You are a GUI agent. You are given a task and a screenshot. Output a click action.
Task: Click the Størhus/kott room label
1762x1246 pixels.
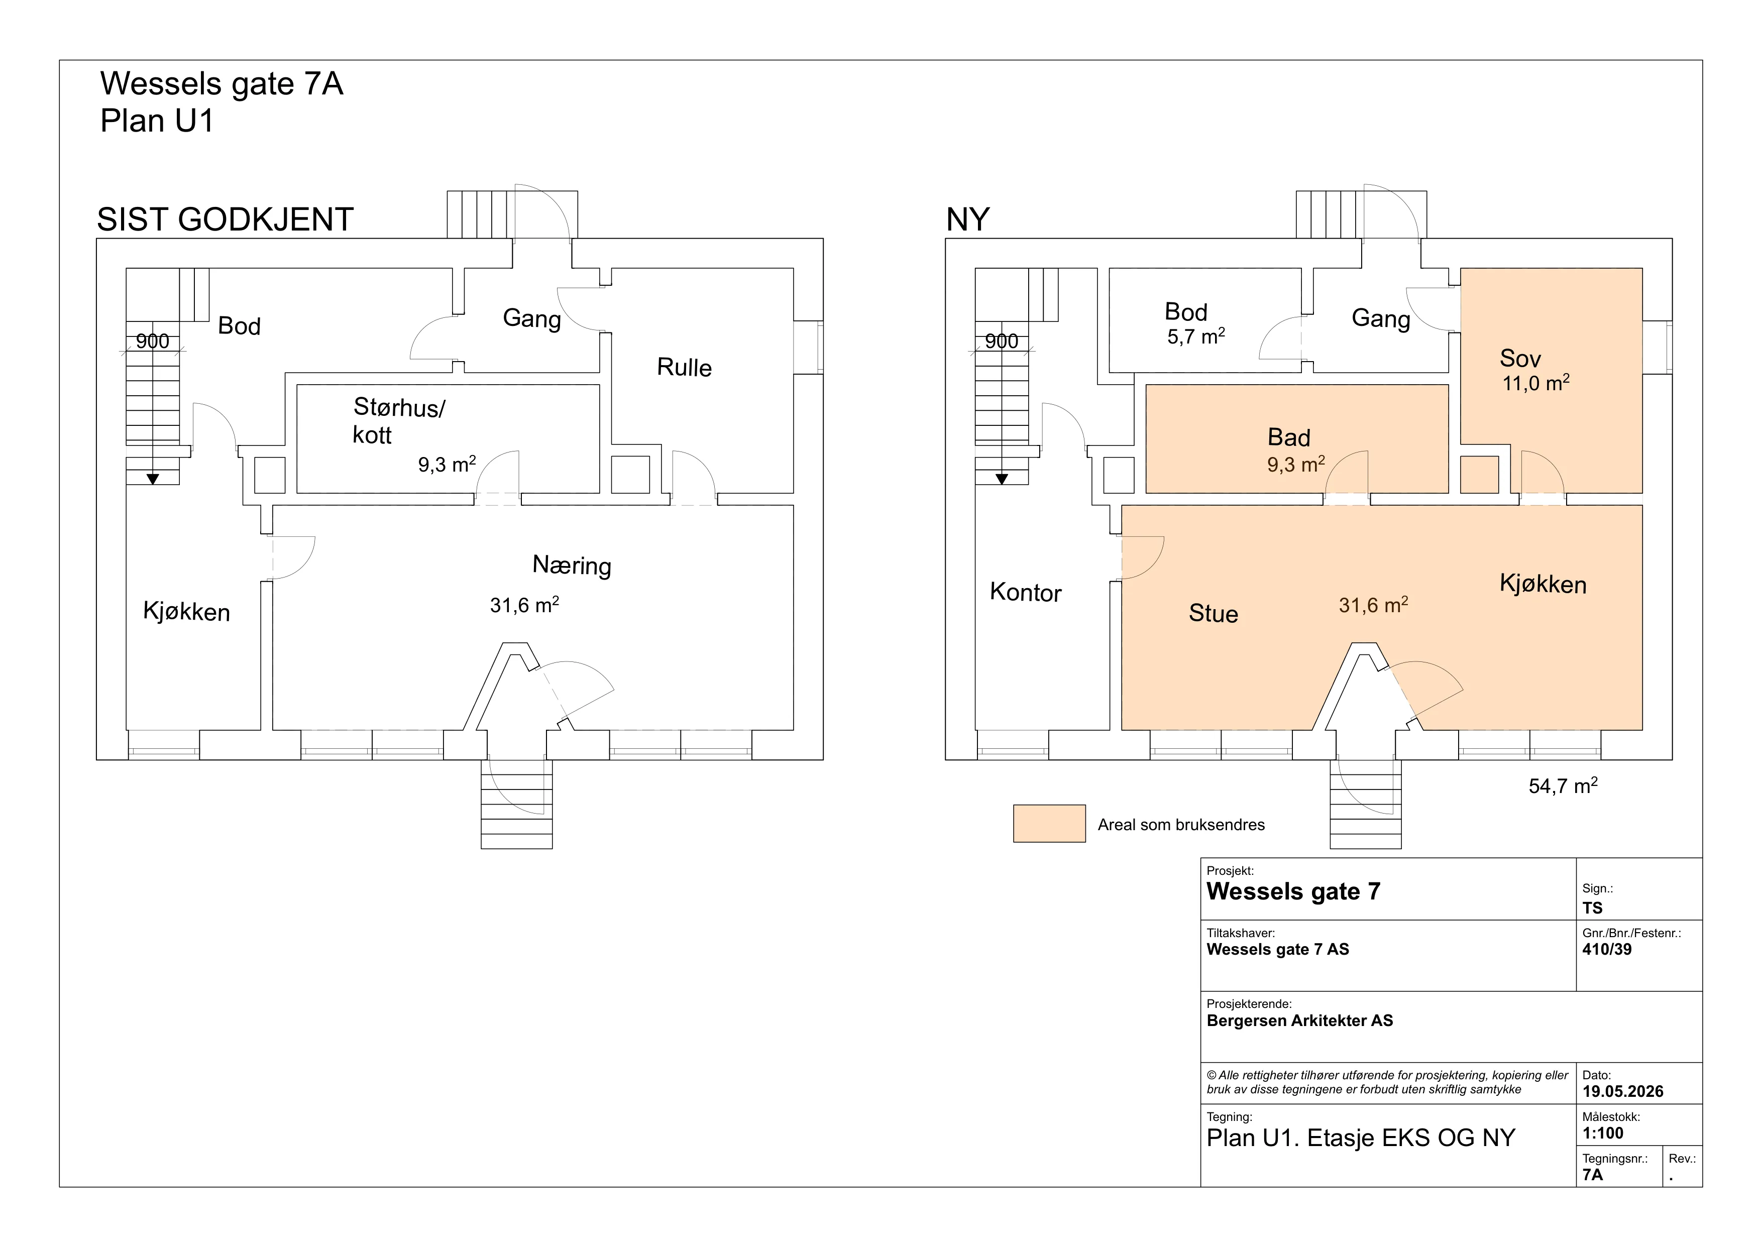(398, 420)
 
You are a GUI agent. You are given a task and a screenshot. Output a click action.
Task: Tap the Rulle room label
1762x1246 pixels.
(684, 368)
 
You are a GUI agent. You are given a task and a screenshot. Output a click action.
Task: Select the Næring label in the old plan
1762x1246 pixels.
(572, 565)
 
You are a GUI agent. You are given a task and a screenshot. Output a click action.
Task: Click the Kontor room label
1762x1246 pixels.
(1025, 592)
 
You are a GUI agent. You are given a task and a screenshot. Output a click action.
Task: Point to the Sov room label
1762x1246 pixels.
(1520, 358)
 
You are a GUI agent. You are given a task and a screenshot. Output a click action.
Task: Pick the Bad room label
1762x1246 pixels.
(1288, 437)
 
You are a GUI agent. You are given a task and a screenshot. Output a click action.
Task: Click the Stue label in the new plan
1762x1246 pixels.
(1214, 614)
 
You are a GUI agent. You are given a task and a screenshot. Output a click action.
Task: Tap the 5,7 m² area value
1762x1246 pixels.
(1195, 336)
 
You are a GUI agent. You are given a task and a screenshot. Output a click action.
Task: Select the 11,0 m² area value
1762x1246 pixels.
(1535, 382)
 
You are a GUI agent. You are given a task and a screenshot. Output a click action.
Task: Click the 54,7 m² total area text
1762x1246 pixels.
(1563, 785)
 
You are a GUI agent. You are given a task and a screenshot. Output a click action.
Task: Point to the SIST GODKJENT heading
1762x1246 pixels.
(225, 219)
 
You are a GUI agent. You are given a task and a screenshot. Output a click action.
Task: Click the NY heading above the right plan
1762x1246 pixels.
(968, 219)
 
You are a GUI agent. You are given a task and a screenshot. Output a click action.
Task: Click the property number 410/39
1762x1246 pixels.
(1607, 949)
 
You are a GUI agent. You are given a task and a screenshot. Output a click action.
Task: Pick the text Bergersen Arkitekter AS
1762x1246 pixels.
(1300, 1021)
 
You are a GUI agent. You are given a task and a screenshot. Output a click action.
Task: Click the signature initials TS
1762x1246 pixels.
(1592, 908)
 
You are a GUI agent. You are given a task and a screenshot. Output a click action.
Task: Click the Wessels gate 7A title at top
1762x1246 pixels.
(222, 84)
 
